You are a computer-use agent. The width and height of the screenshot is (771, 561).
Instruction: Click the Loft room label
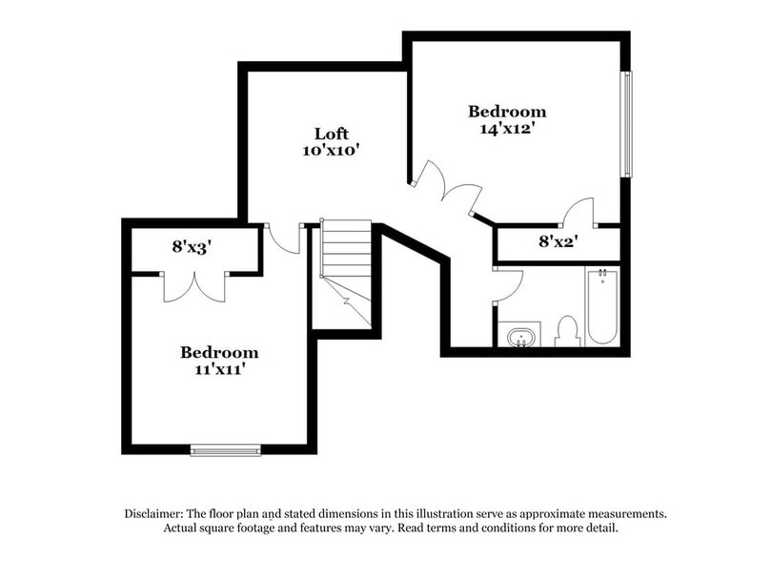332,133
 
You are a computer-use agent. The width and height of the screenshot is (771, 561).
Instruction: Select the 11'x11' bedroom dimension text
219,369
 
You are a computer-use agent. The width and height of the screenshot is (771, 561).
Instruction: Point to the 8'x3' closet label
192,246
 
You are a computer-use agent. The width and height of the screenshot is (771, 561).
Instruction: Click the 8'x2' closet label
558,242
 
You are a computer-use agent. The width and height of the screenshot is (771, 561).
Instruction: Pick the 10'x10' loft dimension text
332,150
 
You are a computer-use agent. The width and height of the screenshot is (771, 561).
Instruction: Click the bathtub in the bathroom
601,307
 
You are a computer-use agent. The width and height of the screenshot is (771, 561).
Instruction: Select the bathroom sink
519,337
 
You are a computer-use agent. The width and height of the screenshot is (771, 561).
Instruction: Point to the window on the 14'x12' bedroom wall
626,123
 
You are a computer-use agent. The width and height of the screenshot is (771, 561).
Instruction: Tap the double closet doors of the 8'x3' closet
195,286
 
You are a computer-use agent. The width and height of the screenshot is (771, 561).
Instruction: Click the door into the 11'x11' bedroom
283,239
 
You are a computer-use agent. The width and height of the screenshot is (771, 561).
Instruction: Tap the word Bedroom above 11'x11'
219,352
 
